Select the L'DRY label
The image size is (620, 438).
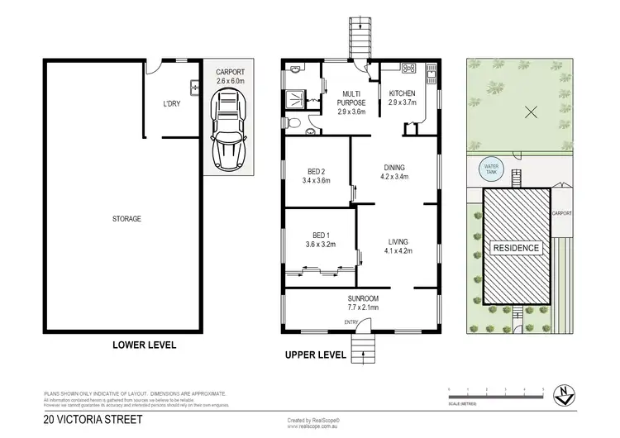[x=172, y=103]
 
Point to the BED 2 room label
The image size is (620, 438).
[x=316, y=175]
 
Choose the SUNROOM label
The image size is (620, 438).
[x=362, y=302]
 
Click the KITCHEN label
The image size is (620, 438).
[x=403, y=98]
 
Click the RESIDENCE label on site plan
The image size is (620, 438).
[x=517, y=248]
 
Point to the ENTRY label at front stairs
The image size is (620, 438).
[x=351, y=322]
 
